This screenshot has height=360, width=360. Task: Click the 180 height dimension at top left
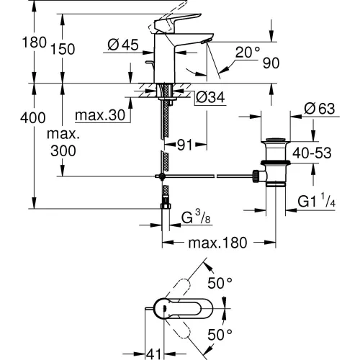(34, 42)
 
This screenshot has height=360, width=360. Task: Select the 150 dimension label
(63, 49)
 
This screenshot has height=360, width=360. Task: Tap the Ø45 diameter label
(123, 45)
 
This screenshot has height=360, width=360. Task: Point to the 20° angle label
(248, 52)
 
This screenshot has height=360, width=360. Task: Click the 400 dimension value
(33, 118)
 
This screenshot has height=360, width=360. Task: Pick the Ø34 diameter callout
(210, 97)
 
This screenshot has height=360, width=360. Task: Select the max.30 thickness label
(100, 115)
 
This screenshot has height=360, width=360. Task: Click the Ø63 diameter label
(320, 109)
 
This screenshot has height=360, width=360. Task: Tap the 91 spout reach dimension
(185, 145)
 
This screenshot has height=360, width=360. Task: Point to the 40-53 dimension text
(312, 153)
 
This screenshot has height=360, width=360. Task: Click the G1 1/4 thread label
(316, 201)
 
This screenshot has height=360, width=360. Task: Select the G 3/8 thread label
(196, 217)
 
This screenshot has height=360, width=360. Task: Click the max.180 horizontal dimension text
(217, 243)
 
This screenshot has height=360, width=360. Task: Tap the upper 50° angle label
(220, 283)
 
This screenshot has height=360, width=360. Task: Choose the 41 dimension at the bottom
(153, 354)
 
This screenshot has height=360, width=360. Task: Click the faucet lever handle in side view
(177, 22)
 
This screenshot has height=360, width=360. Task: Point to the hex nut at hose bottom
(166, 206)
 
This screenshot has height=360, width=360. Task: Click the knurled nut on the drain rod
(256, 176)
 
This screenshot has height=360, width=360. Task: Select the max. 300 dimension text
(63, 143)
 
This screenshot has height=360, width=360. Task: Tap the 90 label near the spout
(271, 63)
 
